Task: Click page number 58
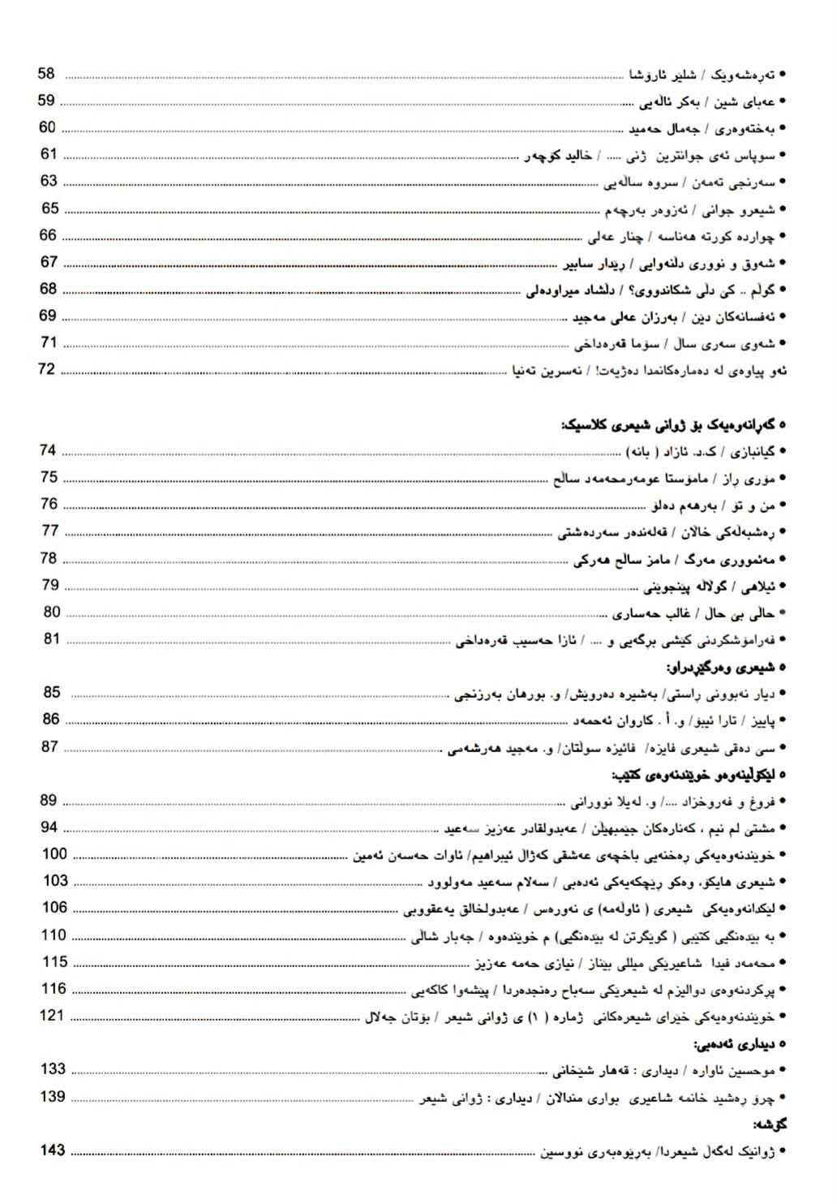pos(46,74)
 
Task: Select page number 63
pos(49,181)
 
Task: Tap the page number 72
pos(46,369)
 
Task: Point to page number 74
pos(49,450)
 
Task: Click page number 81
pos(52,639)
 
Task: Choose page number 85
pos(52,692)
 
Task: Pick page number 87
pos(49,746)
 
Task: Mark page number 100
pos(54,854)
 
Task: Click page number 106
pos(54,907)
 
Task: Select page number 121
pos(52,1015)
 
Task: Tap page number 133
pos(54,1069)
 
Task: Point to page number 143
pos(53,1150)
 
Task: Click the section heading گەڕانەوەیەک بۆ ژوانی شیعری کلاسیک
pos(673,424)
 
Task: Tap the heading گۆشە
pos(770,1124)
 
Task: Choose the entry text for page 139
pos(600,1097)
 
